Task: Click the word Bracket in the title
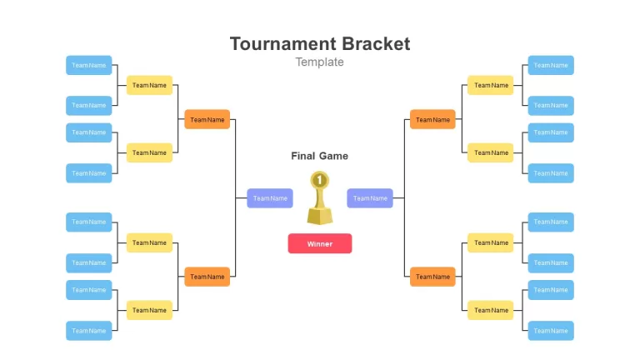[376, 43]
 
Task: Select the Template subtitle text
[320, 62]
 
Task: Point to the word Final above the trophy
[302, 156]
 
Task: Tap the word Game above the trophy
[334, 156]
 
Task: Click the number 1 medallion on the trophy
[320, 180]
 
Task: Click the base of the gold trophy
[320, 216]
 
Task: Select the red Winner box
[320, 243]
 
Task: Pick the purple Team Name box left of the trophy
[270, 198]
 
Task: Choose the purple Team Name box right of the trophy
[370, 198]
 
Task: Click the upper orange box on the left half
[207, 120]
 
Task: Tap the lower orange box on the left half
[207, 277]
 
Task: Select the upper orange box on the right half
[432, 120]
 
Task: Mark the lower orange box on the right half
[432, 277]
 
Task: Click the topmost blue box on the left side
[89, 65]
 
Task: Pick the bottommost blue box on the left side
[89, 331]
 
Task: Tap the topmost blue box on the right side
[551, 65]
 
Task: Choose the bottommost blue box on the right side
[551, 331]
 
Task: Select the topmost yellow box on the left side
[149, 85]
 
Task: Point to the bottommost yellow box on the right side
[491, 310]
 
